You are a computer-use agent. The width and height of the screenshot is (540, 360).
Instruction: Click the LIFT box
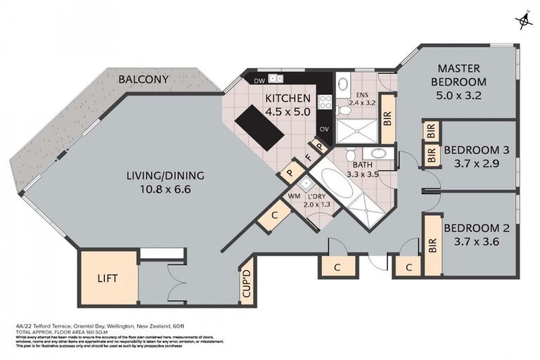108,278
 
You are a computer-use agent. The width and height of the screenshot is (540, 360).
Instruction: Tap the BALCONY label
143,79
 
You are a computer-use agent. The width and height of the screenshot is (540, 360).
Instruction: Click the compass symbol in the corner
522,21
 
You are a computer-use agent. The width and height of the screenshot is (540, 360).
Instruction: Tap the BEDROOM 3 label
471,150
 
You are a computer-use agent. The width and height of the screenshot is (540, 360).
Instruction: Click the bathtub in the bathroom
328,184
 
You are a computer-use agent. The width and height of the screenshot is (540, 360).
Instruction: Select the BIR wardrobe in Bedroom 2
432,245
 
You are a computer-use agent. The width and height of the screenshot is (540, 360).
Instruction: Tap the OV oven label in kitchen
324,129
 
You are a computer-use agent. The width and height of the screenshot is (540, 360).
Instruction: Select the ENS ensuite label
362,96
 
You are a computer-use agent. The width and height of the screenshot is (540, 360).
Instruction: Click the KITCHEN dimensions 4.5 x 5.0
288,111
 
